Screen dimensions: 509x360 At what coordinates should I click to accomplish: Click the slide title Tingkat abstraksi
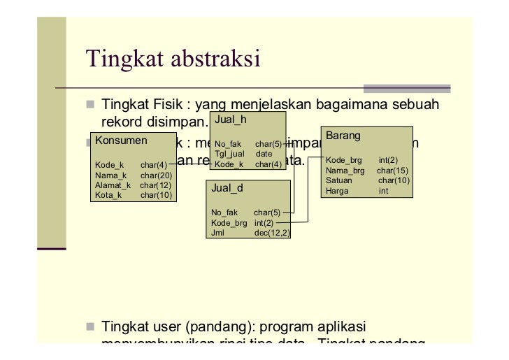pos(172,59)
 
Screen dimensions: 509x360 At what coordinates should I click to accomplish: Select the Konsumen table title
pos(116,141)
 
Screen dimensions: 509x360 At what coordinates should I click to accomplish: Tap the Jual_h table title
pos(230,120)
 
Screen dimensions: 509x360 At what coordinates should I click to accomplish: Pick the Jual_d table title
pos(228,188)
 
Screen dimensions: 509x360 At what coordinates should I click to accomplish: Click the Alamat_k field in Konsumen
pos(112,185)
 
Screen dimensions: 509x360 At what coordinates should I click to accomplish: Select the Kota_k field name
pos(108,195)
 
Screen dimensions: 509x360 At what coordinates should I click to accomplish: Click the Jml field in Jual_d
pos(217,233)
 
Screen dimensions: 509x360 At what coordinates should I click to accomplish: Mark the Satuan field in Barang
pos(339,180)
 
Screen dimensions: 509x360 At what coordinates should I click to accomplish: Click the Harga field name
pos(337,190)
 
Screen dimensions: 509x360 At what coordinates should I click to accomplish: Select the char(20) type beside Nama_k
pos(156,175)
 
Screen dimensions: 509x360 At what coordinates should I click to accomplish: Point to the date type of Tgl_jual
pos(264,154)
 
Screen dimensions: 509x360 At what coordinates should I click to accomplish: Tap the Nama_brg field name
pos(345,171)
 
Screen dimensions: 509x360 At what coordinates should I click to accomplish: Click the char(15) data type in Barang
pos(392,171)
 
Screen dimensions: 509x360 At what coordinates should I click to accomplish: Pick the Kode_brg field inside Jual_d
pos(229,223)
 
